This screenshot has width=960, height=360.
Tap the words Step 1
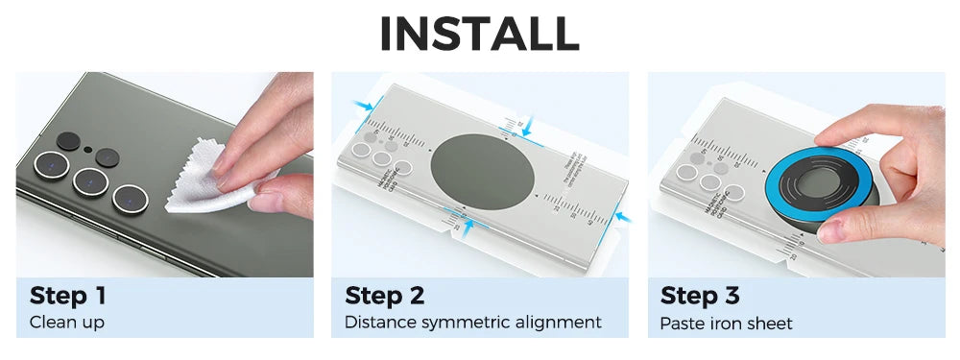click(x=67, y=295)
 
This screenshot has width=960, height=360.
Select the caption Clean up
click(x=66, y=323)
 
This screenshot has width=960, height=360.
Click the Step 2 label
click(x=384, y=295)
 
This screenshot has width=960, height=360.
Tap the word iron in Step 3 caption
click(x=723, y=324)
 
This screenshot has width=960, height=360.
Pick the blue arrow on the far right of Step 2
click(x=621, y=218)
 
